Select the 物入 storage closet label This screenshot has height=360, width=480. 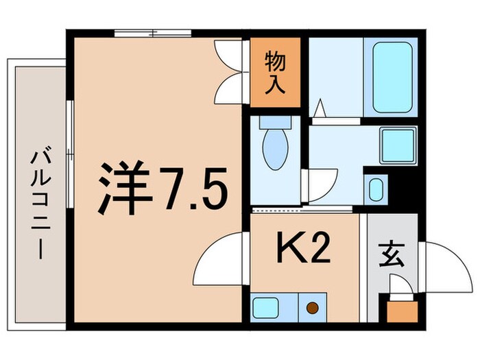(275, 71)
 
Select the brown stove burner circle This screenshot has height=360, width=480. (313, 308)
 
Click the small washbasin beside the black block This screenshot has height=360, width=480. (375, 188)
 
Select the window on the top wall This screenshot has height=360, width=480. (153, 33)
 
